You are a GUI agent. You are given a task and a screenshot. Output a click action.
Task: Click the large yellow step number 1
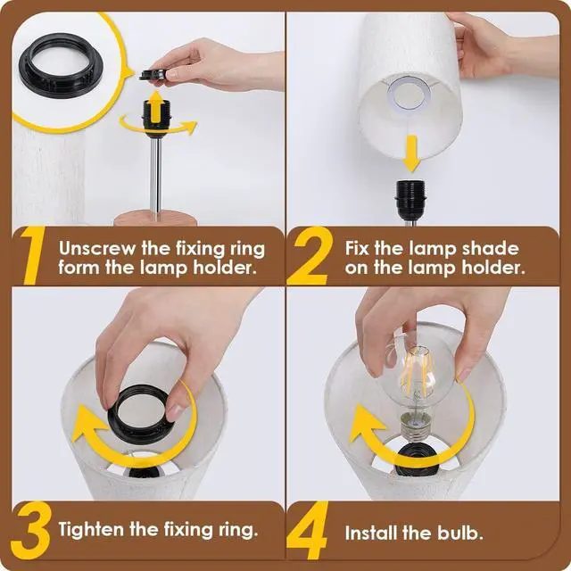[33, 256]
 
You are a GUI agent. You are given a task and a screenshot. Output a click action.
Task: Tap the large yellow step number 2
[310, 256]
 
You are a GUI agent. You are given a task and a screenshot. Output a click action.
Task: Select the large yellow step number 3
[30, 530]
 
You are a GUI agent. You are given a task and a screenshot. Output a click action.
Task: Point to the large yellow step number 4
[308, 530]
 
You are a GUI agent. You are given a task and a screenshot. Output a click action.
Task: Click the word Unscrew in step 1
[97, 249]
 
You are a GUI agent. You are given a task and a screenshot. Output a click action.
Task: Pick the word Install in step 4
[371, 534]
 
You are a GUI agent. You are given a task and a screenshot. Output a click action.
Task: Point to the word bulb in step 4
[459, 534]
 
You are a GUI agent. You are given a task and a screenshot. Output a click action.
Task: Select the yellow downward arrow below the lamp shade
[411, 153]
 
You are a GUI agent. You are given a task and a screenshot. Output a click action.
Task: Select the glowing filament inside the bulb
[418, 374]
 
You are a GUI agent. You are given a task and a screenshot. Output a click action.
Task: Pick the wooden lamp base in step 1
[156, 218]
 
